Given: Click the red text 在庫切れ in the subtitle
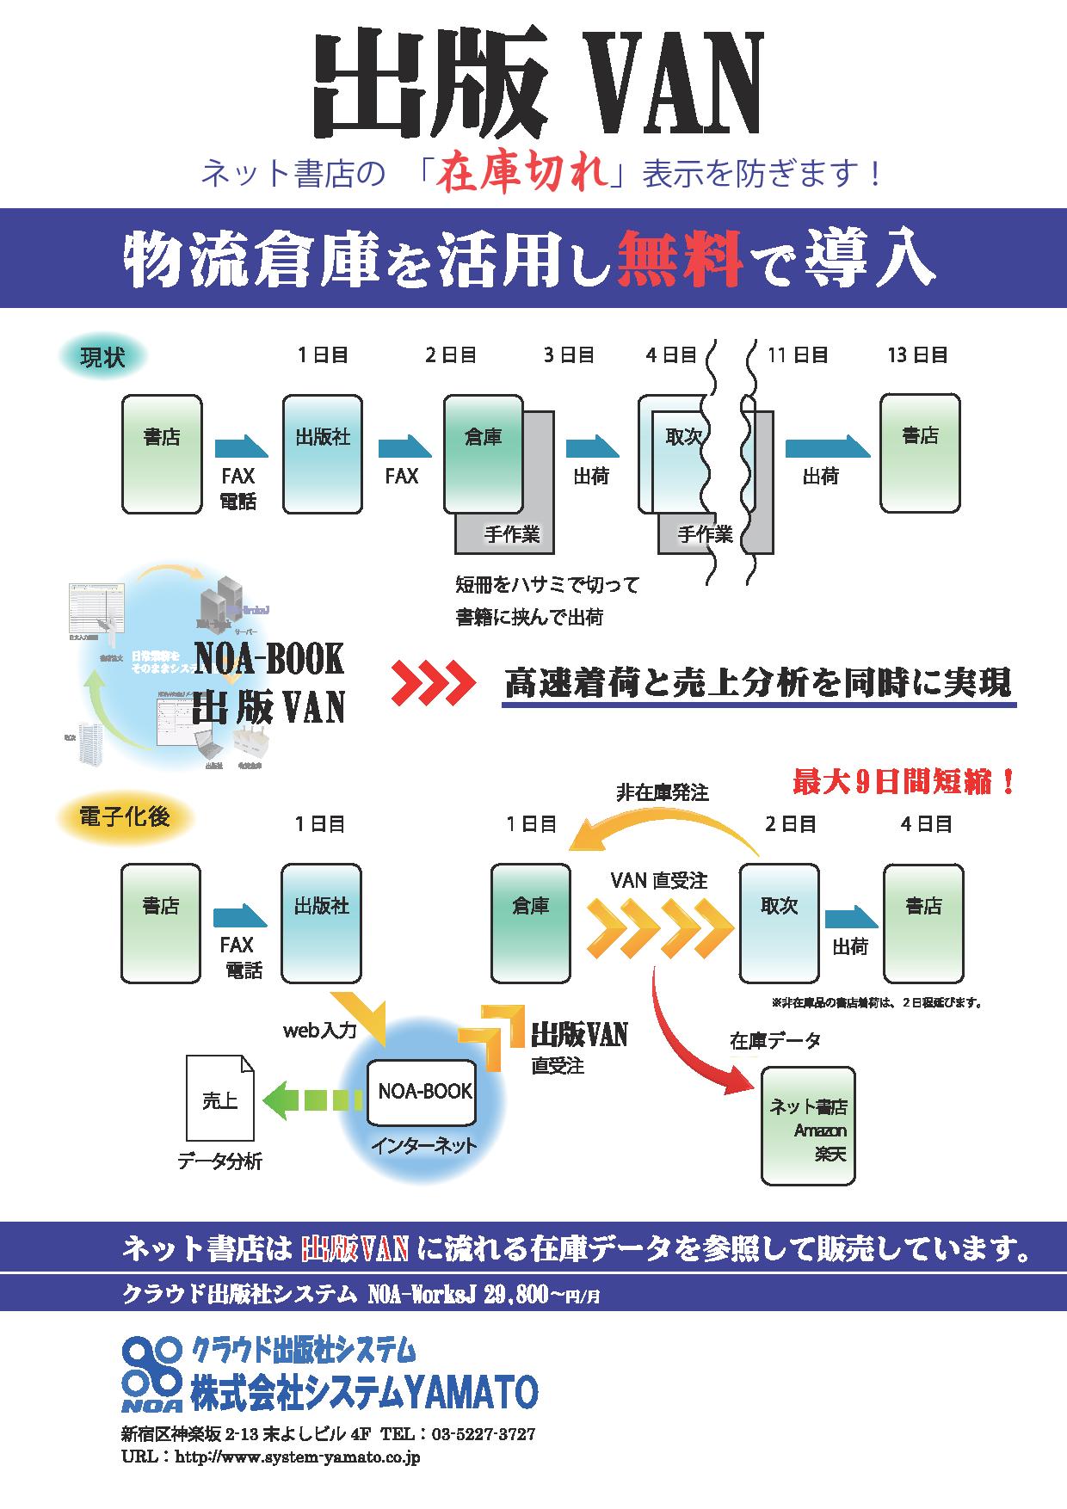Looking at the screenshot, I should tap(524, 175).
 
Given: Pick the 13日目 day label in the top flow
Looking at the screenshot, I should tap(917, 354).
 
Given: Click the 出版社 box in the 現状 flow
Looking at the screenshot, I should tap(323, 454).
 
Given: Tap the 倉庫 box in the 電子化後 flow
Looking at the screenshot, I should tap(530, 923).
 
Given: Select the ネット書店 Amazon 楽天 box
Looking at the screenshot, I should tap(808, 1126).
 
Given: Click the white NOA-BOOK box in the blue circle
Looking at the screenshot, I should tap(422, 1093).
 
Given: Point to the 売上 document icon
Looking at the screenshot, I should tap(220, 1100).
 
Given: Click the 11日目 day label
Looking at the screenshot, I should tap(798, 354).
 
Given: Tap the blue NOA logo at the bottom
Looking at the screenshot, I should tap(152, 1375).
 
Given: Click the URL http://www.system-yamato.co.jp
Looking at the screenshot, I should tap(297, 1457).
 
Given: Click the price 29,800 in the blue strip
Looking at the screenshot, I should tap(515, 1294).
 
